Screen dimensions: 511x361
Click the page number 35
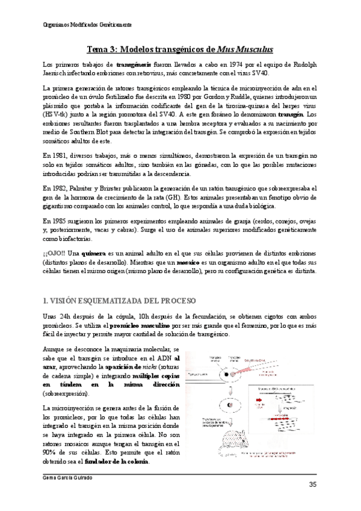pos(313,485)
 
